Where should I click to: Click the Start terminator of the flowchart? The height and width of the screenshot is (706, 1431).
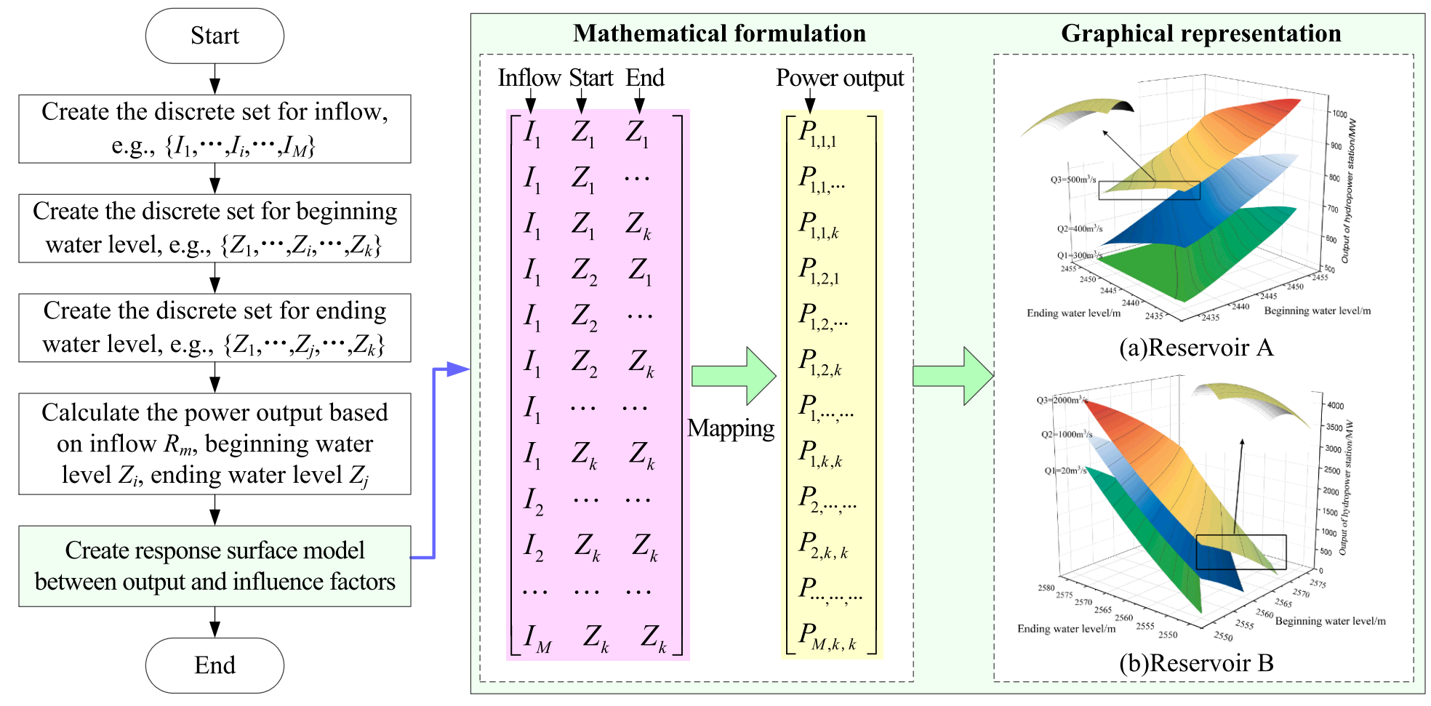pyautogui.click(x=215, y=36)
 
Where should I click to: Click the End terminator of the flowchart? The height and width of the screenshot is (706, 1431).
pyautogui.click(x=215, y=665)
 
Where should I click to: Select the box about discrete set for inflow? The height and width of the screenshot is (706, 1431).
pyautogui.click(x=215, y=129)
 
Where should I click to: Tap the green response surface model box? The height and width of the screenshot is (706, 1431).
pyautogui.click(x=215, y=566)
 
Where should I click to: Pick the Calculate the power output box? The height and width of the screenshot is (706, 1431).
pyautogui.click(x=215, y=444)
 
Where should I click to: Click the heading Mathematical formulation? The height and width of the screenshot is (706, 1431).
pyautogui.click(x=719, y=33)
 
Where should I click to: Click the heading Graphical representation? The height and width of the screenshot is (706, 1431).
pyautogui.click(x=1201, y=33)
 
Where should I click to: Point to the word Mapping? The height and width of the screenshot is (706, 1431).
pyautogui.click(x=731, y=428)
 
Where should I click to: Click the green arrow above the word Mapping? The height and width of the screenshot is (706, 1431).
pyautogui.click(x=733, y=376)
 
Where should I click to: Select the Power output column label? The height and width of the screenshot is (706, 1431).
pyautogui.click(x=840, y=78)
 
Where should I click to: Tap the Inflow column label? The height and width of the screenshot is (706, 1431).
pyautogui.click(x=529, y=78)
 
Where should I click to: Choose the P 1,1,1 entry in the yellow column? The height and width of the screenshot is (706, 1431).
pyautogui.click(x=817, y=134)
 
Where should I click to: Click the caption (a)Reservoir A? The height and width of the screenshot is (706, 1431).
pyautogui.click(x=1196, y=348)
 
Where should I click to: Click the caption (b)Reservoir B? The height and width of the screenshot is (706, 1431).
pyautogui.click(x=1196, y=663)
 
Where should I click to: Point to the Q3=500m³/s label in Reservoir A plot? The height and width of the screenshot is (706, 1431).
pyautogui.click(x=1073, y=180)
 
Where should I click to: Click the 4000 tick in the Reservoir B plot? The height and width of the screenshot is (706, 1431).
pyautogui.click(x=1336, y=406)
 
